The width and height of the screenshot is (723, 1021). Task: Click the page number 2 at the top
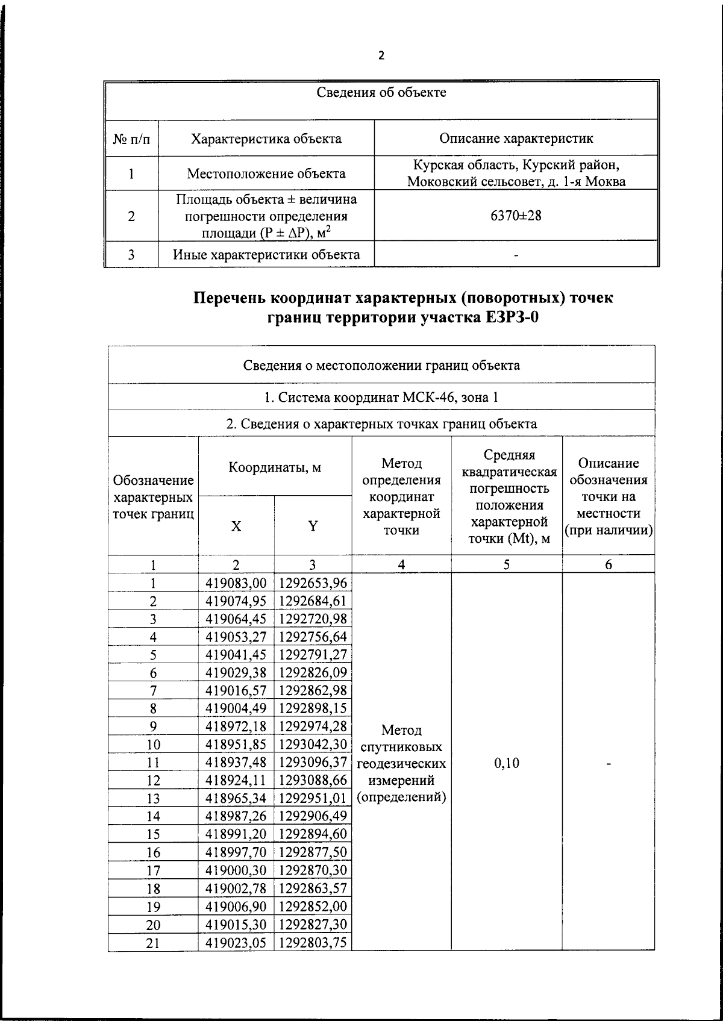coord(380,56)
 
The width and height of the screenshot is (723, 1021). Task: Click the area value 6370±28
coord(516,216)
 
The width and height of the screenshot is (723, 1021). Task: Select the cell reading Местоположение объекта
coord(266,174)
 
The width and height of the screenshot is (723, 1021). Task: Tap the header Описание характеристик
coord(516,139)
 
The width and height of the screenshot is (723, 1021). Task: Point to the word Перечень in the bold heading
coord(228,298)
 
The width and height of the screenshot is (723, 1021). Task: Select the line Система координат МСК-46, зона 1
coord(381,398)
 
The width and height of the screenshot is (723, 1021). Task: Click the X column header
coord(236,526)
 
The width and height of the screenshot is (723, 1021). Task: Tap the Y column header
coord(313,526)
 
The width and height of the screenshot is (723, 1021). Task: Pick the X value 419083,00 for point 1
coord(236,583)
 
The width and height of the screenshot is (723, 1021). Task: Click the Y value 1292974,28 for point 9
coord(313,726)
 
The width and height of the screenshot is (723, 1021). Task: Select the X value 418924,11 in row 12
coord(236,781)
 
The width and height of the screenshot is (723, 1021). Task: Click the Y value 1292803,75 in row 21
coord(313,942)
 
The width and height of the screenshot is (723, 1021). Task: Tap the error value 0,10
coord(506,763)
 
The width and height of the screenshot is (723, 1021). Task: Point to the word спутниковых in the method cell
coord(401,748)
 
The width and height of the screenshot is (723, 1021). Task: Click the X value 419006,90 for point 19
coord(236,907)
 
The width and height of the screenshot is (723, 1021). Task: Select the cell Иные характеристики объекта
coord(266,254)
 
